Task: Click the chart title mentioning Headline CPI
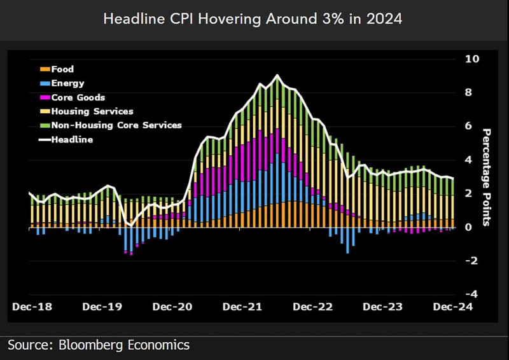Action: click(x=254, y=19)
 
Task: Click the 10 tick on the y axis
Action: click(x=472, y=59)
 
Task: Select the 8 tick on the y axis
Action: click(x=469, y=93)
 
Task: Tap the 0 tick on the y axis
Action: click(x=469, y=227)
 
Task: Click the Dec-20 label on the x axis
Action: click(x=172, y=307)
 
